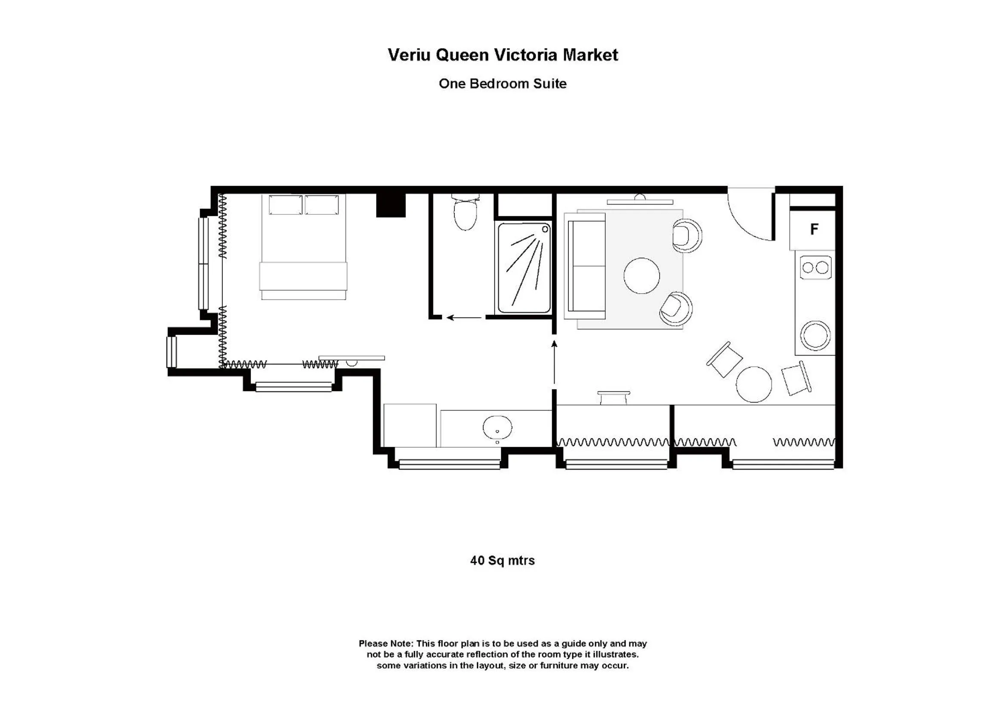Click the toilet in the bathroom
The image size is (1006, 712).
coord(465,214)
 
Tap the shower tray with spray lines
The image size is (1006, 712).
coord(524,268)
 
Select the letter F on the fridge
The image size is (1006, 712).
coord(814,229)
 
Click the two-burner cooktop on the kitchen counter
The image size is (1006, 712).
coord(815,267)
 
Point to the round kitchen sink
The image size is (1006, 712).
coord(815,335)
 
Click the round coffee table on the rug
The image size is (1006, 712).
coord(642,276)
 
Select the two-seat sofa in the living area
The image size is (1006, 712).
coord(585,266)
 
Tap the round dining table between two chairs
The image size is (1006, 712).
coord(753,384)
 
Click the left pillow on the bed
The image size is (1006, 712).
coord(286,205)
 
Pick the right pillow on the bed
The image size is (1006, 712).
coord(321,205)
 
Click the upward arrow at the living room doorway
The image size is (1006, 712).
coord(554,362)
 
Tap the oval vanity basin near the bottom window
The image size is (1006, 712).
coord(497,427)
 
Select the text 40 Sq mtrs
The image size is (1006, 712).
coord(502,560)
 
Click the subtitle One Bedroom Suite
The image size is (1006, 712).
coord(502,84)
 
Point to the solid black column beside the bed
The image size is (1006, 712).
coord(391,205)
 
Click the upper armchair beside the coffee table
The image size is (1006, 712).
coord(686,236)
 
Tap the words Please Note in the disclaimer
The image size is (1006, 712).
coord(386,644)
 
